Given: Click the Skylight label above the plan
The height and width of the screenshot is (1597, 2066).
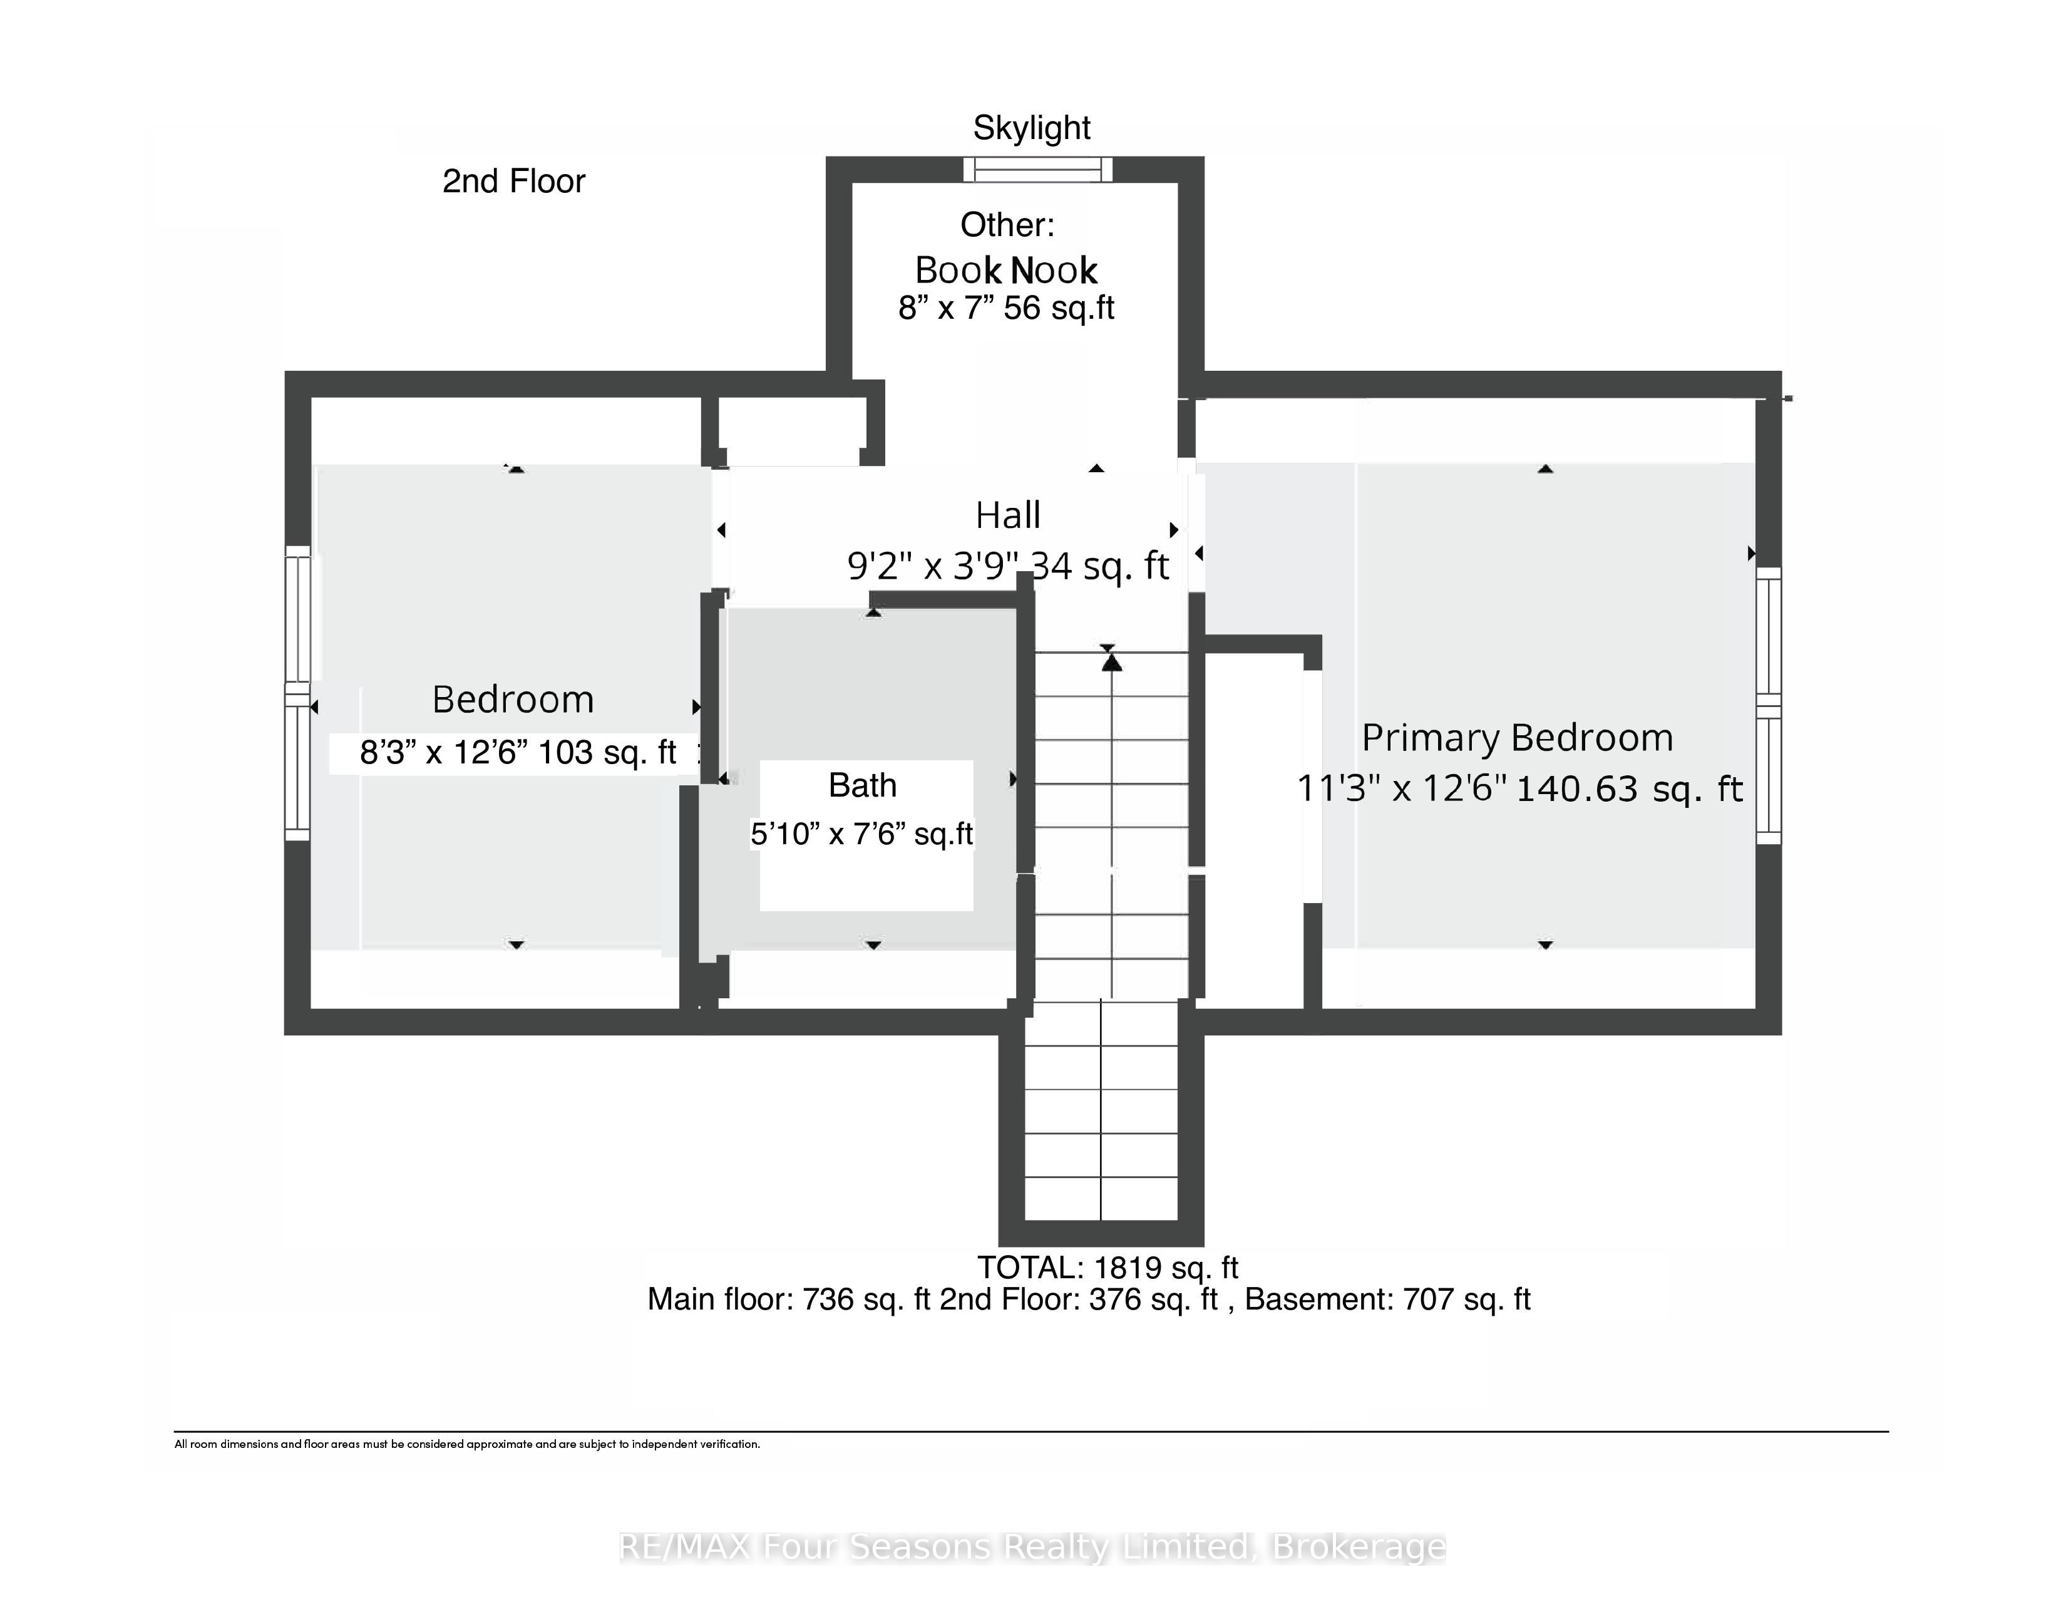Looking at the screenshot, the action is click(x=1032, y=128).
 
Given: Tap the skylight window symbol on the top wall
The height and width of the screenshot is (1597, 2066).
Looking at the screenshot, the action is click(x=1038, y=169).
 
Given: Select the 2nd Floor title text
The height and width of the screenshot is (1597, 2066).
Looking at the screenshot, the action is click(x=513, y=181).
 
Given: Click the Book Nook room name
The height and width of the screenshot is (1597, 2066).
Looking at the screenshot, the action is click(x=1005, y=271).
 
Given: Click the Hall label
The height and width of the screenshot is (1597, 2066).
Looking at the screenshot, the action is click(x=1009, y=515).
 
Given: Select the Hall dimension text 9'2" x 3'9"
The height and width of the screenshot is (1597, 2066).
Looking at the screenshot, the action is click(x=933, y=566).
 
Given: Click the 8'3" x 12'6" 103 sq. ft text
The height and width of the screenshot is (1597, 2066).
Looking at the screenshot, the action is click(x=518, y=753).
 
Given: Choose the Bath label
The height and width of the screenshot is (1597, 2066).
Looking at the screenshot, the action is click(x=863, y=785).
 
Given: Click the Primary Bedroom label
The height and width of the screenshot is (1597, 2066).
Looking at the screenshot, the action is click(x=1518, y=738).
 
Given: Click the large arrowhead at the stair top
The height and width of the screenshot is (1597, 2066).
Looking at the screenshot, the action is click(x=1111, y=663).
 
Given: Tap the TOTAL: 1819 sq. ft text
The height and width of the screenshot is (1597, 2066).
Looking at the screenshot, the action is click(x=1108, y=1267).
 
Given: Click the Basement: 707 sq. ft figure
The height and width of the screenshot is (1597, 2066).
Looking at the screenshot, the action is click(x=1388, y=1299).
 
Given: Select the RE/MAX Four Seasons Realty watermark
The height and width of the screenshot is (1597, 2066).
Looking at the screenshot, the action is click(x=1032, y=1547).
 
